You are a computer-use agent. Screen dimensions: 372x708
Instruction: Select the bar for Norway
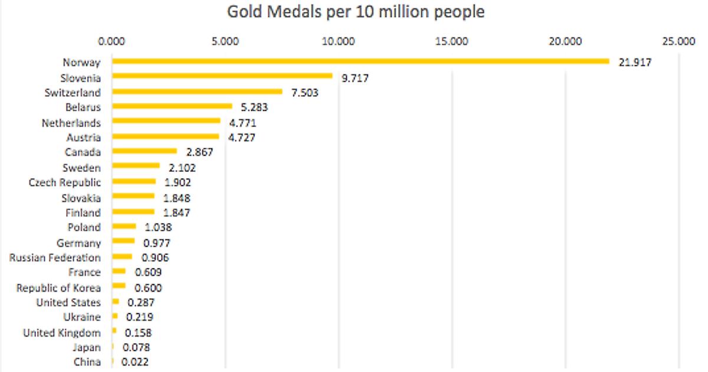coord(360,61)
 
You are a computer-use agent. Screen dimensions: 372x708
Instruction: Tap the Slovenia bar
coord(222,77)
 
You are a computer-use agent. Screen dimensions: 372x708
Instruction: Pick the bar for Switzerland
coord(197,92)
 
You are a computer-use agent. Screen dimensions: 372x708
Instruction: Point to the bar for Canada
coord(145,152)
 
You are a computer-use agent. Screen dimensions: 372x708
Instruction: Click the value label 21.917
coord(635,62)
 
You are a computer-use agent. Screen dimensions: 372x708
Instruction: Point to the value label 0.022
coord(135,362)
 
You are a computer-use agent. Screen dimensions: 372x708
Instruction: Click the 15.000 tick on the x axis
coord(452,41)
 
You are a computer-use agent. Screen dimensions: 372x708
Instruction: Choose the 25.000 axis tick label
coord(678,41)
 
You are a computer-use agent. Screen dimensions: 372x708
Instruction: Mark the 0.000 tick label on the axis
coord(112,41)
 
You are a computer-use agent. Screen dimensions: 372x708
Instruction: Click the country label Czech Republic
coord(65,182)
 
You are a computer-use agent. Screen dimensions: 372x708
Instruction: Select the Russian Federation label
coord(55,257)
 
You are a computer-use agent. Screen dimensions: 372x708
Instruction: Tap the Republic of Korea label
coord(58,288)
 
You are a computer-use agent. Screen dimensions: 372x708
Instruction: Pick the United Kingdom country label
coord(62,332)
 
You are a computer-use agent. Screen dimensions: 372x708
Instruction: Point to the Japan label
coord(87,347)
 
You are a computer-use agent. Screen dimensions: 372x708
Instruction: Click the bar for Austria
coord(166,137)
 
